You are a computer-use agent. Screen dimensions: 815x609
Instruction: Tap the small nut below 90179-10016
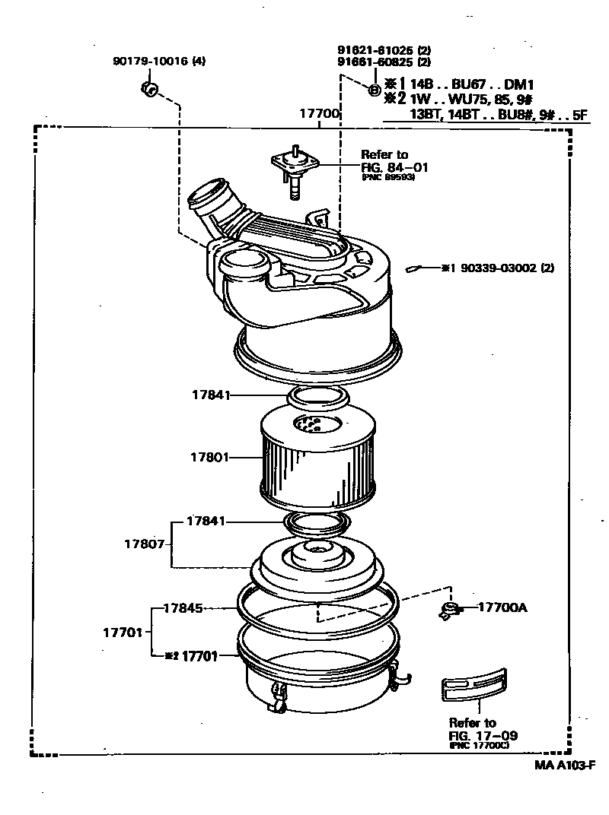coord(149,90)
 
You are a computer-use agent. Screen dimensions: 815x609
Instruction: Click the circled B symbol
coord(375,90)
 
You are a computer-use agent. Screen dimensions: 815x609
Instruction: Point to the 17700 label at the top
coord(318,114)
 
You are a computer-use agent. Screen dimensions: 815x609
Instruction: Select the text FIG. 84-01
coord(394,166)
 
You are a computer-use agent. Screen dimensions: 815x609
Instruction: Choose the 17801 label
coord(209,458)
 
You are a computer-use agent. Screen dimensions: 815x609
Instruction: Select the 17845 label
coord(183,608)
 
